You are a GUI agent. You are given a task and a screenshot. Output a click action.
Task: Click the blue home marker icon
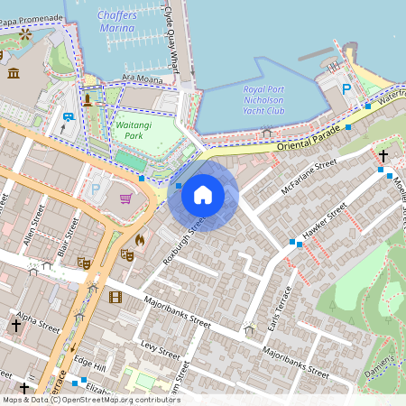(203, 194)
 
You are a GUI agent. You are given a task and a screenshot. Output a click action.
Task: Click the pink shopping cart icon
(126, 198)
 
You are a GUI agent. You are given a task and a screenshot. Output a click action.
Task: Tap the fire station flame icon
(140, 240)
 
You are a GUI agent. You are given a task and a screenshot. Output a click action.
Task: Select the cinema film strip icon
(115, 297)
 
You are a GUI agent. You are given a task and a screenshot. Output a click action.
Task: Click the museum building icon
(14, 72)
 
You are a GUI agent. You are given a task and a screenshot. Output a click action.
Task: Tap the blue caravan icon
(69, 115)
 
